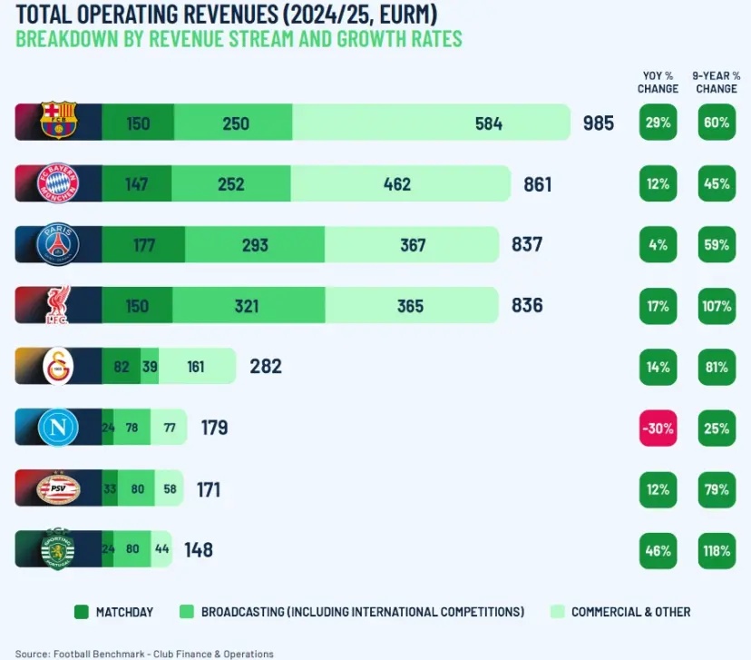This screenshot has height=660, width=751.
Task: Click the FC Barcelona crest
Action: tap(60, 123)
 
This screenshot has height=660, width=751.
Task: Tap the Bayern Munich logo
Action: tap(60, 184)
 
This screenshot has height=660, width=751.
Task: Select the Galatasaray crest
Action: tap(60, 367)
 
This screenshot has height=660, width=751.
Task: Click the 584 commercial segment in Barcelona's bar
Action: tap(431, 123)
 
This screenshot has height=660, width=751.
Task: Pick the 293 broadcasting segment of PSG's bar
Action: tap(254, 244)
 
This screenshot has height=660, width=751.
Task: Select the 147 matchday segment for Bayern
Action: tap(136, 184)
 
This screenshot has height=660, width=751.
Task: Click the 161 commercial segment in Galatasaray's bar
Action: tap(196, 367)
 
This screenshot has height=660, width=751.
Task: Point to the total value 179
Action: tap(214, 428)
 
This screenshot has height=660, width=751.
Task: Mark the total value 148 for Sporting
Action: tap(199, 550)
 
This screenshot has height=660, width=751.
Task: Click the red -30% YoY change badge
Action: tap(658, 428)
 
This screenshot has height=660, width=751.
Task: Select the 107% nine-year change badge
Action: tap(716, 306)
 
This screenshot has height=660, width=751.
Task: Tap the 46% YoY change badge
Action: tap(658, 550)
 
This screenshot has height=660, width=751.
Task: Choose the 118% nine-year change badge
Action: tap(716, 550)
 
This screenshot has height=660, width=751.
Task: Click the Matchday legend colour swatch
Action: tap(81, 612)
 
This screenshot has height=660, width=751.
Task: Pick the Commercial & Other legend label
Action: tap(630, 612)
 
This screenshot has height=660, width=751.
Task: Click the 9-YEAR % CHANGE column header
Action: tap(716, 83)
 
